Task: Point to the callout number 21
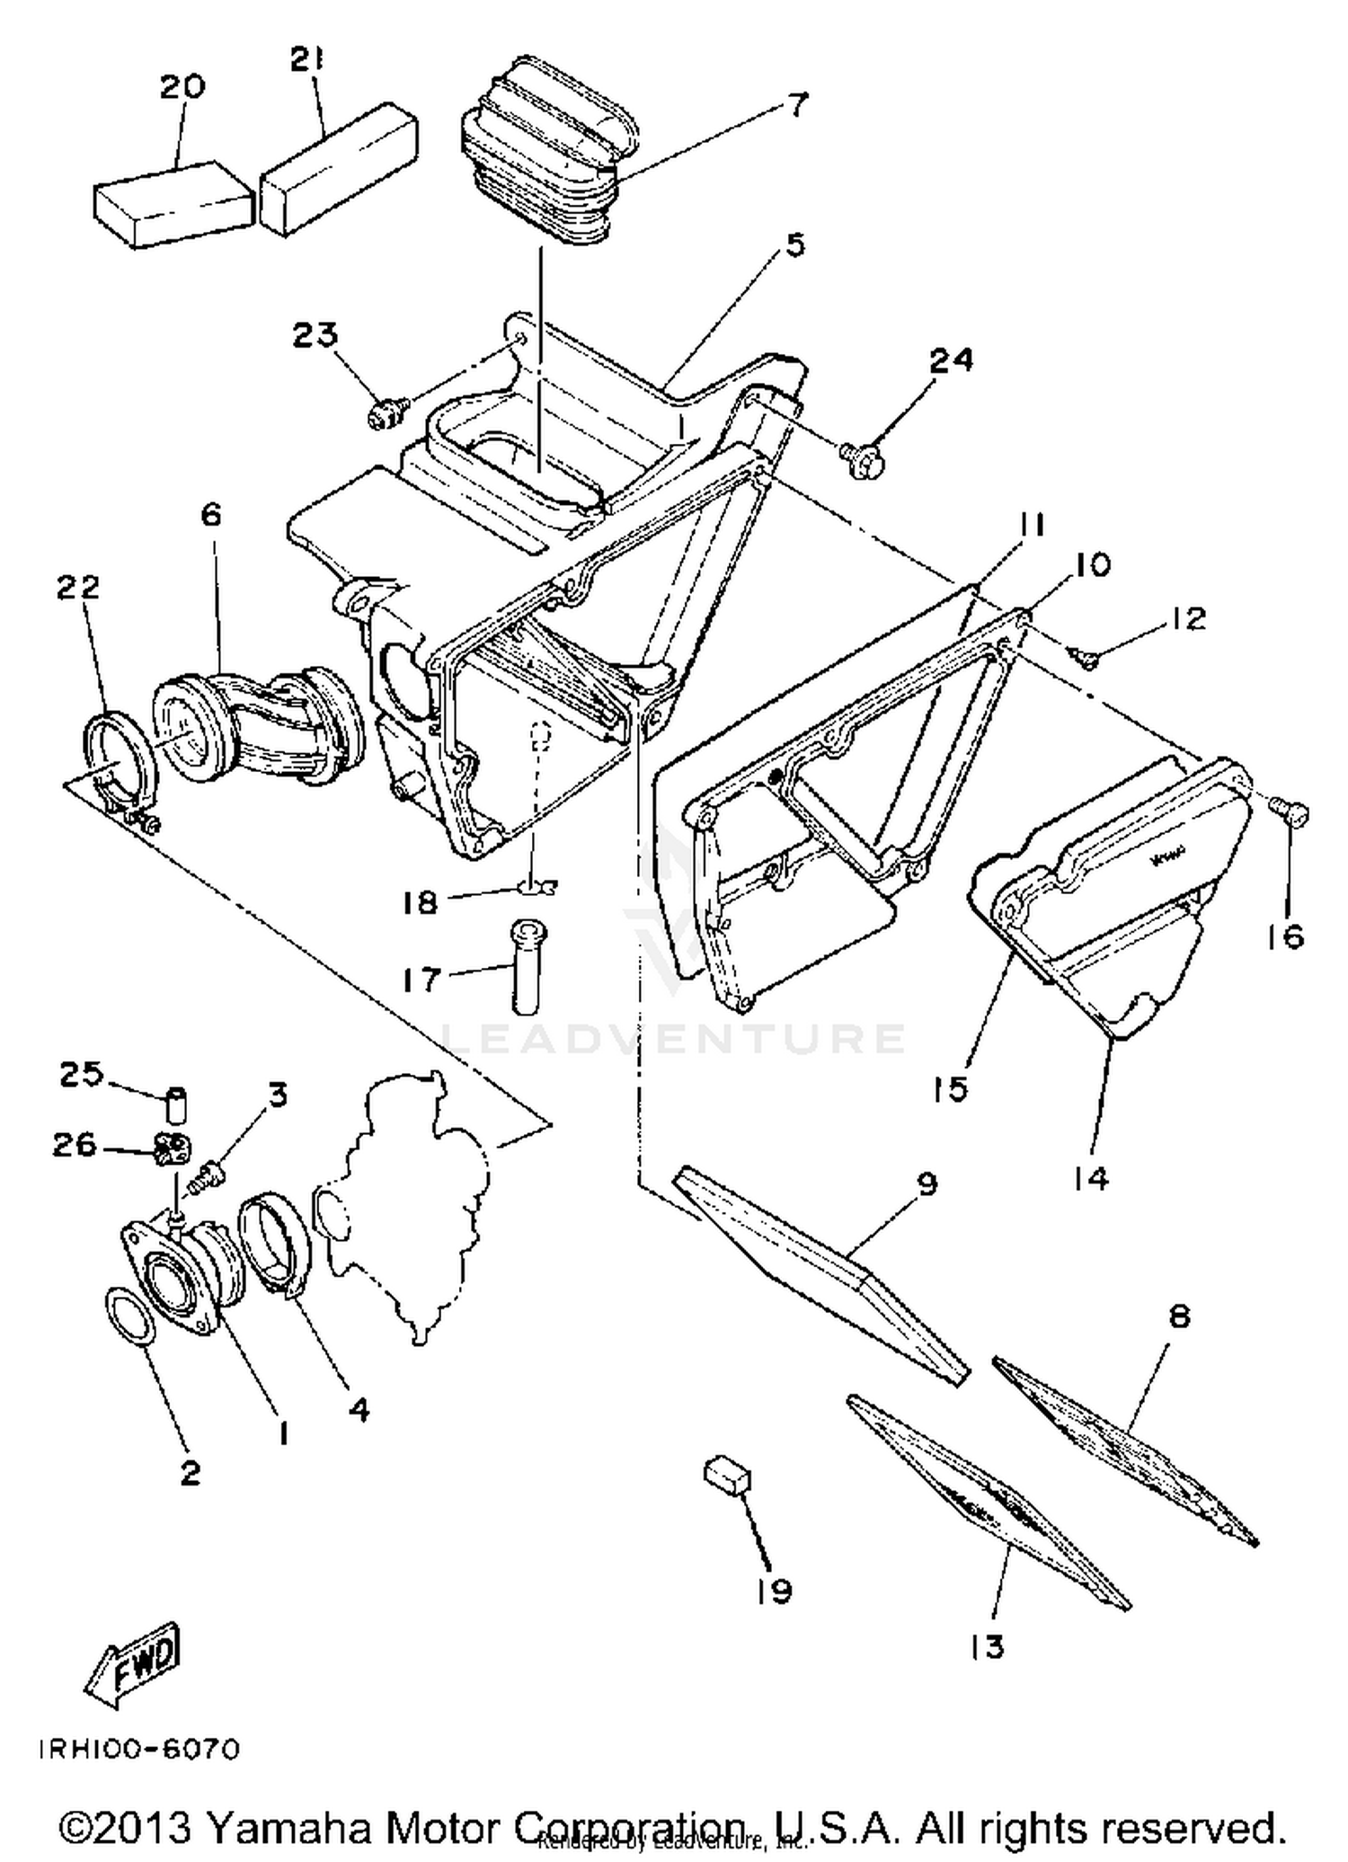[306, 60]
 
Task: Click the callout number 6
[210, 516]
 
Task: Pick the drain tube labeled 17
[528, 965]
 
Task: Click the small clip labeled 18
[537, 888]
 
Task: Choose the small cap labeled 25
[177, 1104]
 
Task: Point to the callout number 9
[927, 1184]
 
